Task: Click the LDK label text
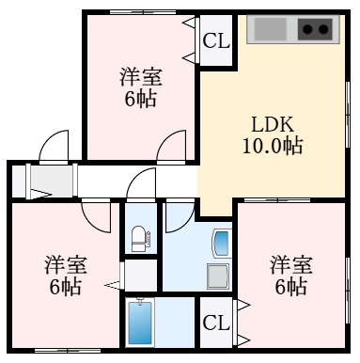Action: pos(274,123)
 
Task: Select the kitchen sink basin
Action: pos(270,29)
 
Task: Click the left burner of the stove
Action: pos(306,29)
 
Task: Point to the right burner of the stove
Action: pos(324,29)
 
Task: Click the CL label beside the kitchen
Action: pos(216,41)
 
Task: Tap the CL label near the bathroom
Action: pos(216,323)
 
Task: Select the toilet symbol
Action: pos(139,238)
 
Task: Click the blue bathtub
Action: pos(139,324)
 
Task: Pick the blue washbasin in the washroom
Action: pos(221,245)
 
